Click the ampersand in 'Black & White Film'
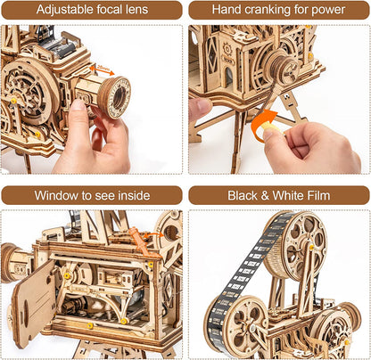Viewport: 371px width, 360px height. point(266,195)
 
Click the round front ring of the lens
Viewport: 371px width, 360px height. point(113,95)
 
